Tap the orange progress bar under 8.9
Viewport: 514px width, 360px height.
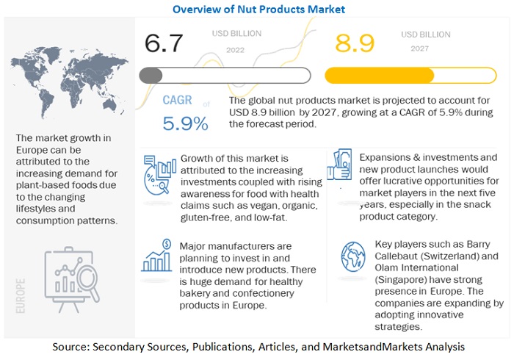(x=401, y=76)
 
